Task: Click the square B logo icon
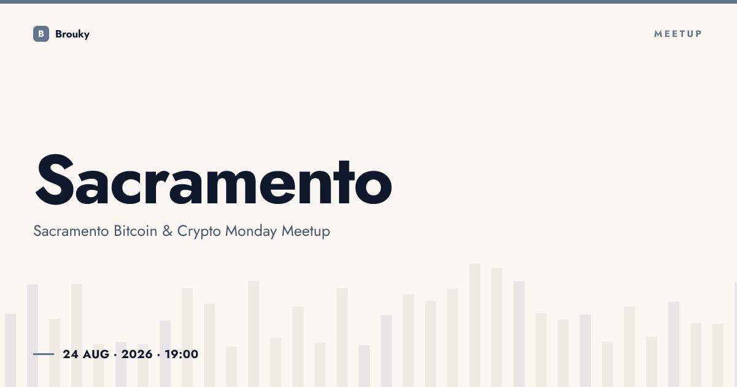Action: [x=41, y=34]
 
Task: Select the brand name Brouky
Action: [x=72, y=34]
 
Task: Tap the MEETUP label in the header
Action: [x=678, y=34]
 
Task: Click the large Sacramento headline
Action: [x=214, y=179]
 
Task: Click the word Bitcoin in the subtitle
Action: [x=135, y=231]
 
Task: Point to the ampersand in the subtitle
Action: [x=167, y=231]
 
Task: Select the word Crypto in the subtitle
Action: [x=199, y=232]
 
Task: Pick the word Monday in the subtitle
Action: [x=251, y=232]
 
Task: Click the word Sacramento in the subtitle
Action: [x=71, y=231]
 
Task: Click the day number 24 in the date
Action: [x=71, y=354]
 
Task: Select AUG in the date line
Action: [x=96, y=354]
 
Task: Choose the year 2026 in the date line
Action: [x=137, y=354]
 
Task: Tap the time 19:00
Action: [x=182, y=354]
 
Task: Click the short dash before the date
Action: [x=44, y=354]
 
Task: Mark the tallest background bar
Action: [x=475, y=325]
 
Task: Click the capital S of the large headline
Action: [x=54, y=179]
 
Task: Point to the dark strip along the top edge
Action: [x=368, y=2]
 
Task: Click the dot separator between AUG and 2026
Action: [x=115, y=355]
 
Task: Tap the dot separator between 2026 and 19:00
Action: [x=158, y=355]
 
